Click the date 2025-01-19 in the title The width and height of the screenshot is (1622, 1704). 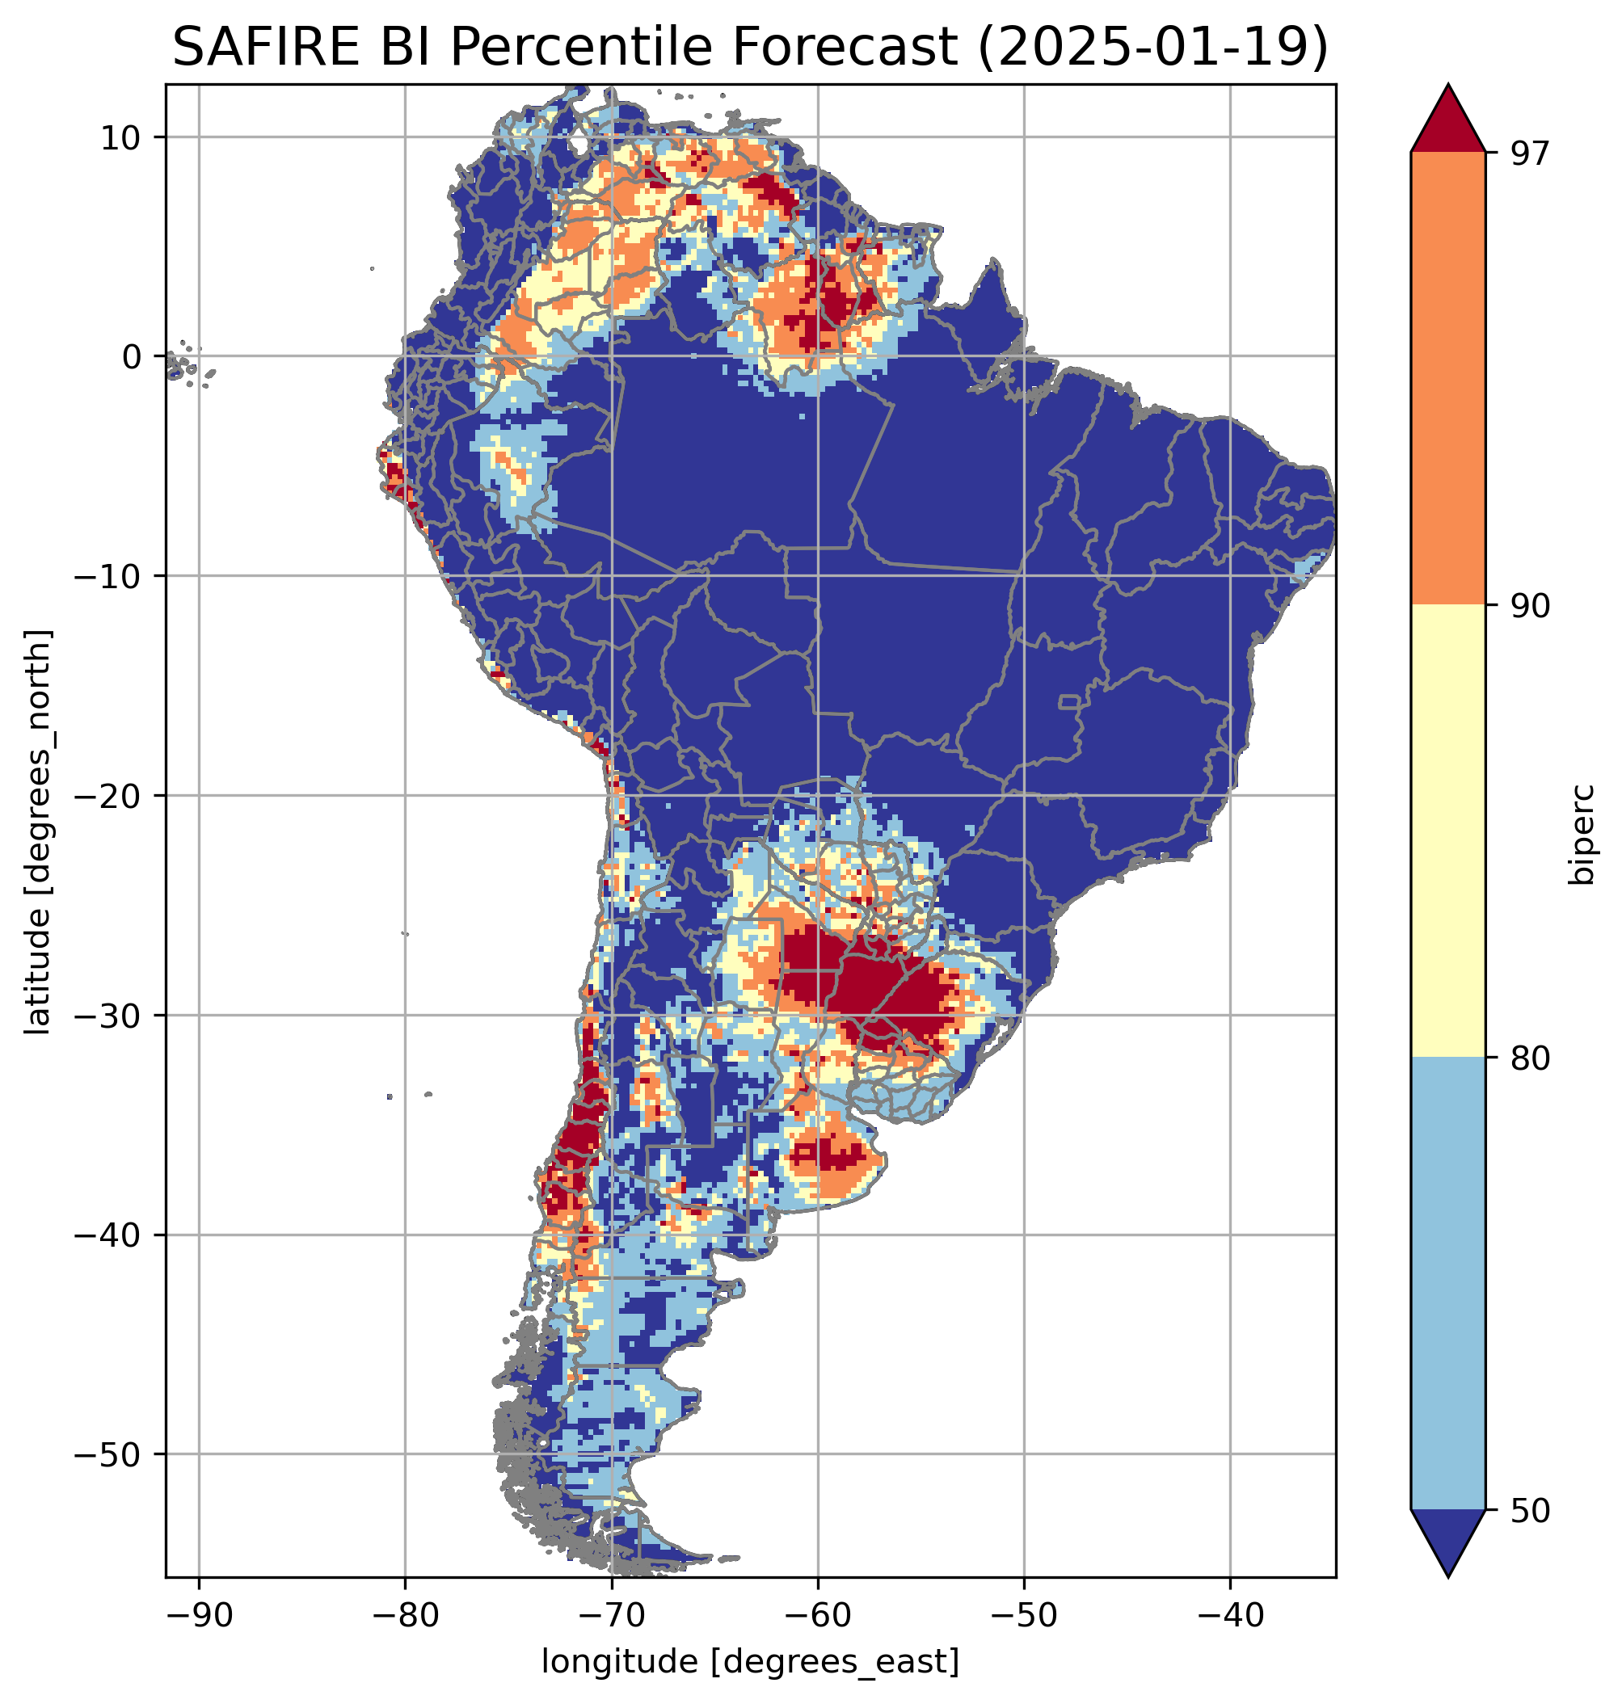pyautogui.click(x=1152, y=47)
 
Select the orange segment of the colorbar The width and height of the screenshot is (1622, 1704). pyautogui.click(x=1447, y=379)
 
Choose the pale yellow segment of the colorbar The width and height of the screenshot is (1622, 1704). pyautogui.click(x=1447, y=830)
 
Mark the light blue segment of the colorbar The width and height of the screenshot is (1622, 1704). pyautogui.click(x=1447, y=1284)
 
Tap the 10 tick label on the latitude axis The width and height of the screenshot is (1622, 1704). pyautogui.click(x=121, y=137)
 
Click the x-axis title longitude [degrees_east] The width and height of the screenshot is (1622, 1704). pyautogui.click(x=750, y=1660)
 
